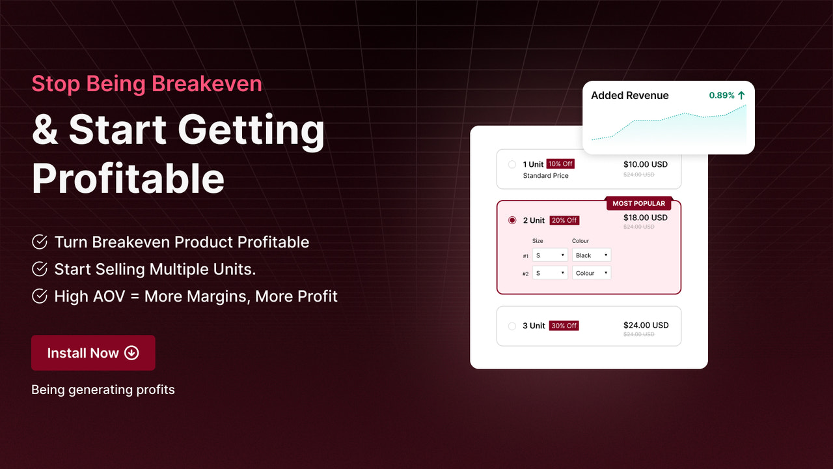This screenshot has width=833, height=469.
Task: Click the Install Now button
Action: [x=93, y=353]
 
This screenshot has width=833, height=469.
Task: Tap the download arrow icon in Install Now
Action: [x=131, y=353]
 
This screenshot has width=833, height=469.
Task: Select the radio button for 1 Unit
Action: [x=512, y=164]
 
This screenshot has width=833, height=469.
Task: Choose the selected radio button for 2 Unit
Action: [x=512, y=220]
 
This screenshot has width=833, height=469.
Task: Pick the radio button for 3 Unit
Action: [x=512, y=326]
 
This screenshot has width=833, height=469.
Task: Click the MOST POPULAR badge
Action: [x=638, y=203]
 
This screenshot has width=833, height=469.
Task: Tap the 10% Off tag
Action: [x=560, y=164]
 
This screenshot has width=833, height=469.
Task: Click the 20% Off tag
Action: [x=564, y=220]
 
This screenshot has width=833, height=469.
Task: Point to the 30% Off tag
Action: [x=564, y=326]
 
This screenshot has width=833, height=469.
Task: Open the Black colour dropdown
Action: [x=592, y=255]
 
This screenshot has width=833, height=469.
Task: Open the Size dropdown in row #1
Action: [x=550, y=255]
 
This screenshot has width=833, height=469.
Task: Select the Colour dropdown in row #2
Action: [x=592, y=273]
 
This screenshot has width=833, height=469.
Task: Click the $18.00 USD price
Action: [x=646, y=218]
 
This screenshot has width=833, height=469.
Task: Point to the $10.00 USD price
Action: [x=646, y=164]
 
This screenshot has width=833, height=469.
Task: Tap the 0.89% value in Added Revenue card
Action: [x=721, y=95]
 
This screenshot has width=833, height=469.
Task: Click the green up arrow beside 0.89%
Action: [x=741, y=95]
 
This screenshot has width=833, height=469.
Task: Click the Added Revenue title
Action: [x=629, y=95]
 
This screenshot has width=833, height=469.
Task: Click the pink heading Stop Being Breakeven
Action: [x=146, y=83]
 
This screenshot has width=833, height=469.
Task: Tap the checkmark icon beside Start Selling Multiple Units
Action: [x=40, y=269]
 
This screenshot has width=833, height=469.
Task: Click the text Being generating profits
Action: [x=103, y=390]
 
